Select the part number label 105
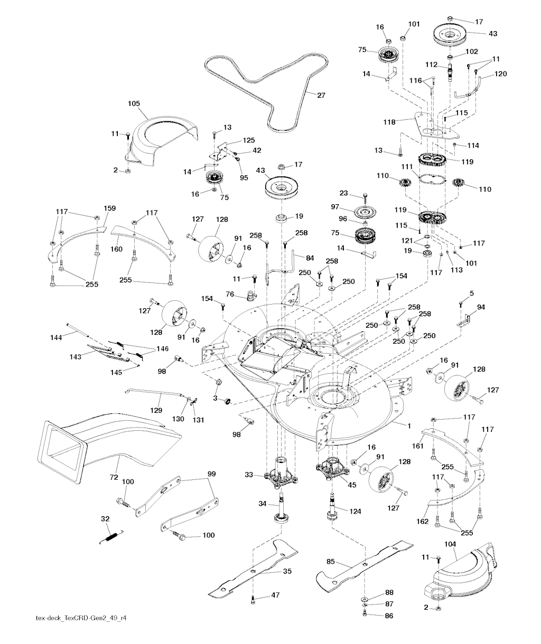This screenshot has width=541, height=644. coord(134,104)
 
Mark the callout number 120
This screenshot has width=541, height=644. coord(501,74)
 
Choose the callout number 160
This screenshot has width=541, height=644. coord(116,249)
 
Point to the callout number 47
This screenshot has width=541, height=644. coord(275,595)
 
